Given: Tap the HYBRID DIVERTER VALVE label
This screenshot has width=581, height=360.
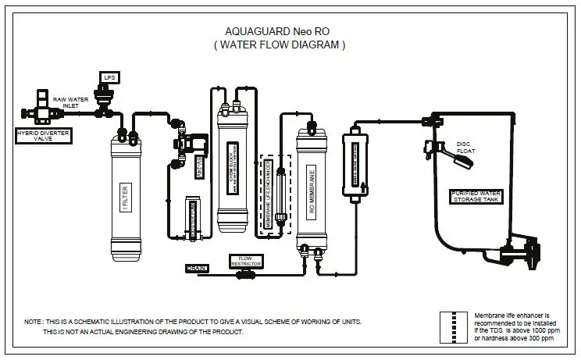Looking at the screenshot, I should (37, 136).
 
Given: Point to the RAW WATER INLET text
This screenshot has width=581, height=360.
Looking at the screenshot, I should (70, 103).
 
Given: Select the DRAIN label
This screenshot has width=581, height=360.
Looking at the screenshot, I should (196, 269).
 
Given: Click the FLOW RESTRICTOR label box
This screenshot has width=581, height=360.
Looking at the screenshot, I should (244, 260).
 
